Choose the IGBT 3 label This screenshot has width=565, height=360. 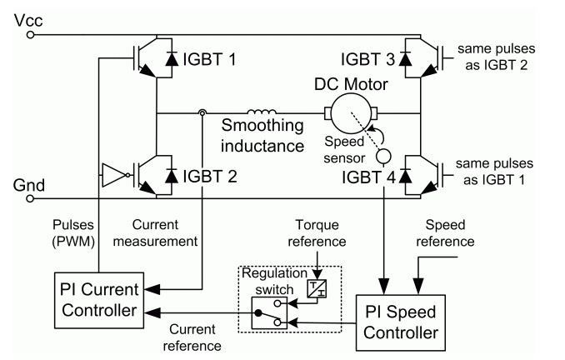(367, 60)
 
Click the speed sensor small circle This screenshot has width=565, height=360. (384, 156)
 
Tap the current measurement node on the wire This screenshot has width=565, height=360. (202, 112)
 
